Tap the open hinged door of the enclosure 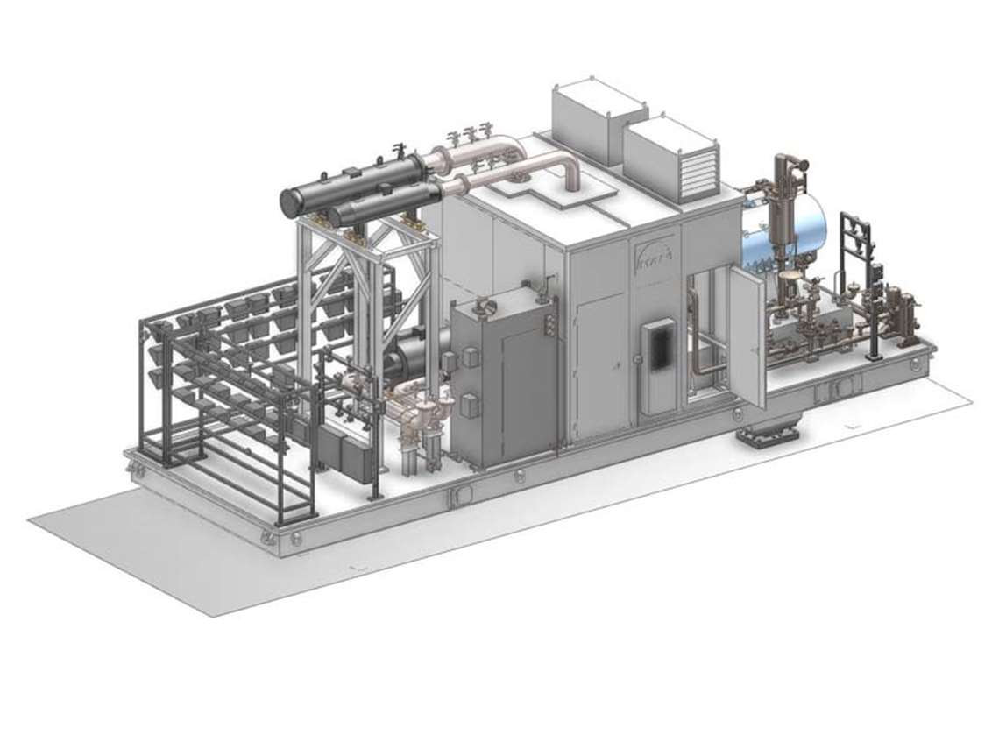click(x=747, y=337)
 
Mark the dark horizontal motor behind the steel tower click(x=412, y=359)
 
